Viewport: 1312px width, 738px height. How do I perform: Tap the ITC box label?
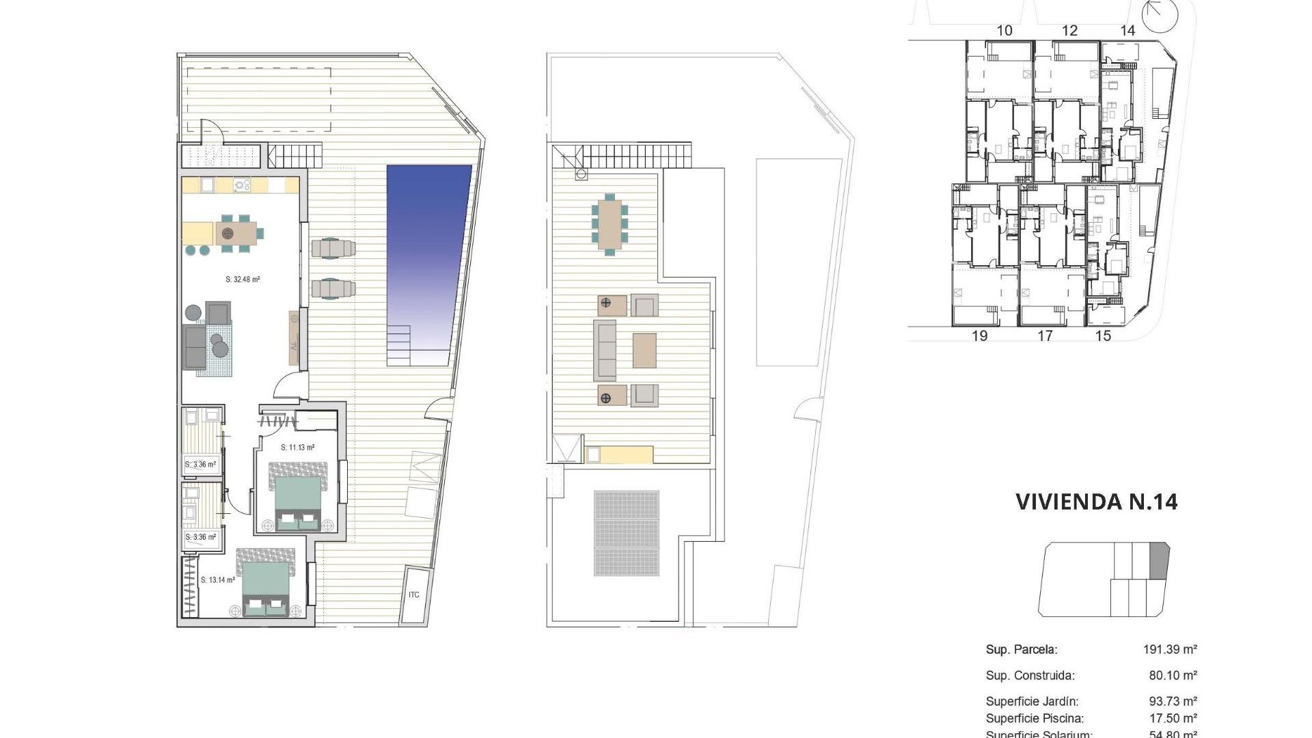[414, 595]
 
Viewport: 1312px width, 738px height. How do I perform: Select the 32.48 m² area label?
[243, 279]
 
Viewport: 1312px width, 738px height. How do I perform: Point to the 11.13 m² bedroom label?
[297, 448]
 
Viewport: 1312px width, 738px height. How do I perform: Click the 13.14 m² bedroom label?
[217, 580]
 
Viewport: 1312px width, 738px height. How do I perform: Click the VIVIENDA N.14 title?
[1096, 502]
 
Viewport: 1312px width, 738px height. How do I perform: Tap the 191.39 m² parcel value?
[1169, 650]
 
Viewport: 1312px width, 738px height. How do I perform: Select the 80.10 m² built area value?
[1173, 676]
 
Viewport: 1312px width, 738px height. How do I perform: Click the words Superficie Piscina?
[1035, 718]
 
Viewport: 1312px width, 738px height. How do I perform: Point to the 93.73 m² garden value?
[1173, 702]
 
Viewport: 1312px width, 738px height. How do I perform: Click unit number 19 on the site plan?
[979, 336]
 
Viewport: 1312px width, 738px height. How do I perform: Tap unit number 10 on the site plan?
[1004, 31]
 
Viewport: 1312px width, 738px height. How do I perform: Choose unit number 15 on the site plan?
[1103, 336]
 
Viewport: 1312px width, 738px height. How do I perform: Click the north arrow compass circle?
[1160, 16]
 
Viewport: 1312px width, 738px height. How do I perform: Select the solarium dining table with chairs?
[610, 223]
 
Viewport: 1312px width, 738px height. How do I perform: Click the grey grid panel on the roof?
[627, 533]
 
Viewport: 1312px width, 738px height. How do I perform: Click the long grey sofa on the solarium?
[605, 350]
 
